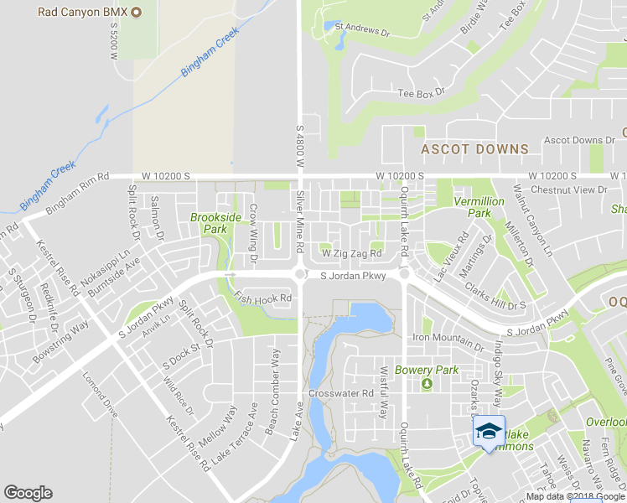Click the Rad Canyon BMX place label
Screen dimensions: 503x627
pyautogui.click(x=81, y=12)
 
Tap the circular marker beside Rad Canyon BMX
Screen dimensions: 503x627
pyautogui.click(x=138, y=12)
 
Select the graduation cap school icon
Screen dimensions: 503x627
pyautogui.click(x=488, y=432)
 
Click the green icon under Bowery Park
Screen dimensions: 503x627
pyautogui.click(x=426, y=384)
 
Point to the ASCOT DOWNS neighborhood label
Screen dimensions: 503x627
pyautogui.click(x=474, y=149)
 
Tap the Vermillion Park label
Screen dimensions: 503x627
pyautogui.click(x=479, y=207)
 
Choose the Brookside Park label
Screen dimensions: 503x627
pyautogui.click(x=209, y=223)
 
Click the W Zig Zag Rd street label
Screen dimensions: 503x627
pyautogui.click(x=352, y=253)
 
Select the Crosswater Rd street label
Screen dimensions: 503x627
pyautogui.click(x=340, y=393)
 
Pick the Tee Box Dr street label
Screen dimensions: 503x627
pyautogui.click(x=420, y=93)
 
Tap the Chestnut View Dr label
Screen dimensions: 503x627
pyautogui.click(x=574, y=190)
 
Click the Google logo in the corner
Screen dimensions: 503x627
pyautogui.click(x=28, y=493)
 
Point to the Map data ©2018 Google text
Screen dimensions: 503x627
pyautogui.click(x=576, y=496)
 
